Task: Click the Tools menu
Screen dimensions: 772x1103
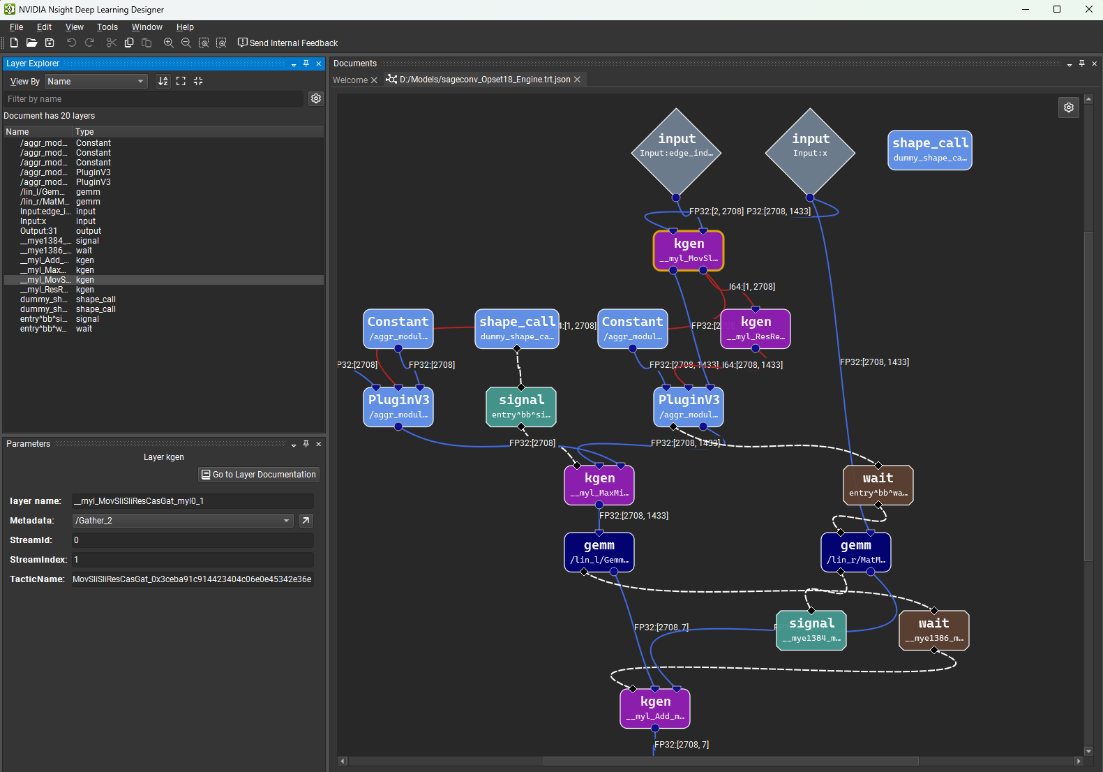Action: click(x=107, y=27)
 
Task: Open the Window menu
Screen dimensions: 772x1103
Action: click(x=147, y=27)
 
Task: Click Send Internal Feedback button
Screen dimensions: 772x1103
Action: click(x=287, y=43)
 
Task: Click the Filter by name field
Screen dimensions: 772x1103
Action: click(x=153, y=99)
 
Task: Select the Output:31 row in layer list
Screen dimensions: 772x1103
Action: click(x=39, y=231)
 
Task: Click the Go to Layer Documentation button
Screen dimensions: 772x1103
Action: click(x=259, y=475)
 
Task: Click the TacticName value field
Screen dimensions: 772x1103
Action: click(x=193, y=579)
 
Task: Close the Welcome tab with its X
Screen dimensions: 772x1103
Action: click(x=374, y=80)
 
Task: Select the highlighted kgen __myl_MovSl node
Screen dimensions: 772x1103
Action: click(x=689, y=251)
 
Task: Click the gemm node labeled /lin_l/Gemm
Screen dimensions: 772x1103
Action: click(x=599, y=552)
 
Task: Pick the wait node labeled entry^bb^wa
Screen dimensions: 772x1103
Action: click(x=878, y=485)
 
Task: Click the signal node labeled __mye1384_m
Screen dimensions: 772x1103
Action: click(x=811, y=630)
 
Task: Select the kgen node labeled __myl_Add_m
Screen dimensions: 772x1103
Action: click(x=655, y=708)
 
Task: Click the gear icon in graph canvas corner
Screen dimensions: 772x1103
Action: click(x=1068, y=107)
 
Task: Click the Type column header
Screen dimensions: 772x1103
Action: click(x=84, y=132)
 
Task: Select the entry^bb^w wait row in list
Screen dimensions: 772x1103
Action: click(x=43, y=329)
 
